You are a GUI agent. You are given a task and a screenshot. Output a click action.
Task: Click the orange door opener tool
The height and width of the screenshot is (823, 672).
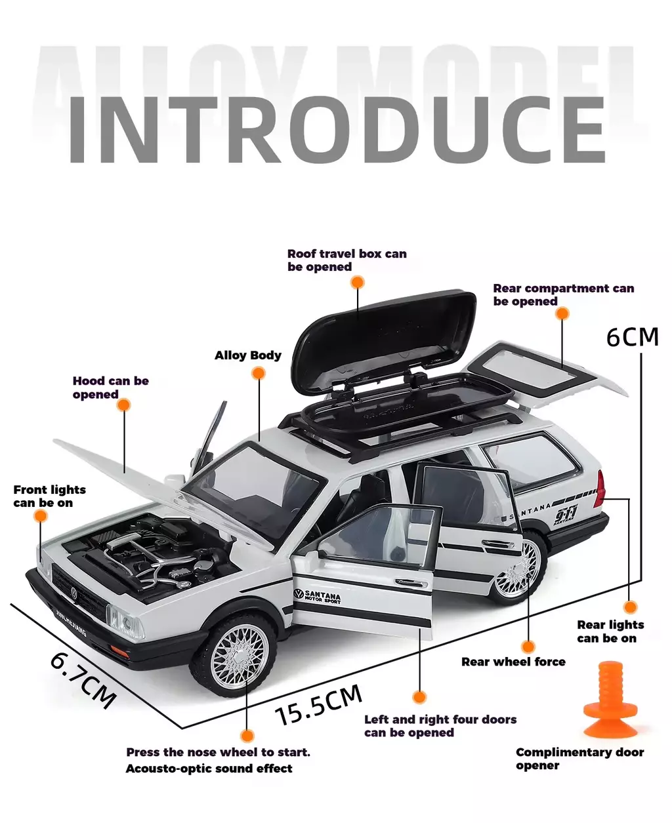click(x=610, y=701)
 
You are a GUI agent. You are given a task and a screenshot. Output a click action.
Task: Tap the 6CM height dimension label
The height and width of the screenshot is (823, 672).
click(x=632, y=337)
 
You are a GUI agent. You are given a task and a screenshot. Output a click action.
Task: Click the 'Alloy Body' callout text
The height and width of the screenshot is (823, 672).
click(x=247, y=355)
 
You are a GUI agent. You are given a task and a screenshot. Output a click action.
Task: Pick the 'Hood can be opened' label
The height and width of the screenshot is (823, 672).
click(x=110, y=388)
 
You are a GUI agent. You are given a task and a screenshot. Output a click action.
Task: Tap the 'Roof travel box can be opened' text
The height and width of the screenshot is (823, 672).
click(x=346, y=260)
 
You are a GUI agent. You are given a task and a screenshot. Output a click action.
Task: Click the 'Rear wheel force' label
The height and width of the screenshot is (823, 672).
click(x=513, y=662)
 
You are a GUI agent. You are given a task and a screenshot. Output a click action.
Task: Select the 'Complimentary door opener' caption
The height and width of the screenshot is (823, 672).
click(x=579, y=759)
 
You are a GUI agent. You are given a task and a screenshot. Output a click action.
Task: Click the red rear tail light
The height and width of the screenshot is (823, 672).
click(x=600, y=489)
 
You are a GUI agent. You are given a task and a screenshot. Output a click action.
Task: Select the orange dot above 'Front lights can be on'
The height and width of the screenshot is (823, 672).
click(x=41, y=517)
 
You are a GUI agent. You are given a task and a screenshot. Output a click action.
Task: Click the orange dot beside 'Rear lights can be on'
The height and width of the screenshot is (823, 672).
click(x=630, y=607)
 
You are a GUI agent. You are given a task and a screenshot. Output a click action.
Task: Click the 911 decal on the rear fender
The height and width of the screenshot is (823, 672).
click(x=565, y=516)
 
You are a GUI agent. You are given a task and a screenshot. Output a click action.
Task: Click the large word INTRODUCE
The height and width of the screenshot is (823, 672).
click(x=336, y=130)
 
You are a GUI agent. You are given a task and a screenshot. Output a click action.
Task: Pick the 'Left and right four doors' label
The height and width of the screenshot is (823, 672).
click(x=440, y=726)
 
